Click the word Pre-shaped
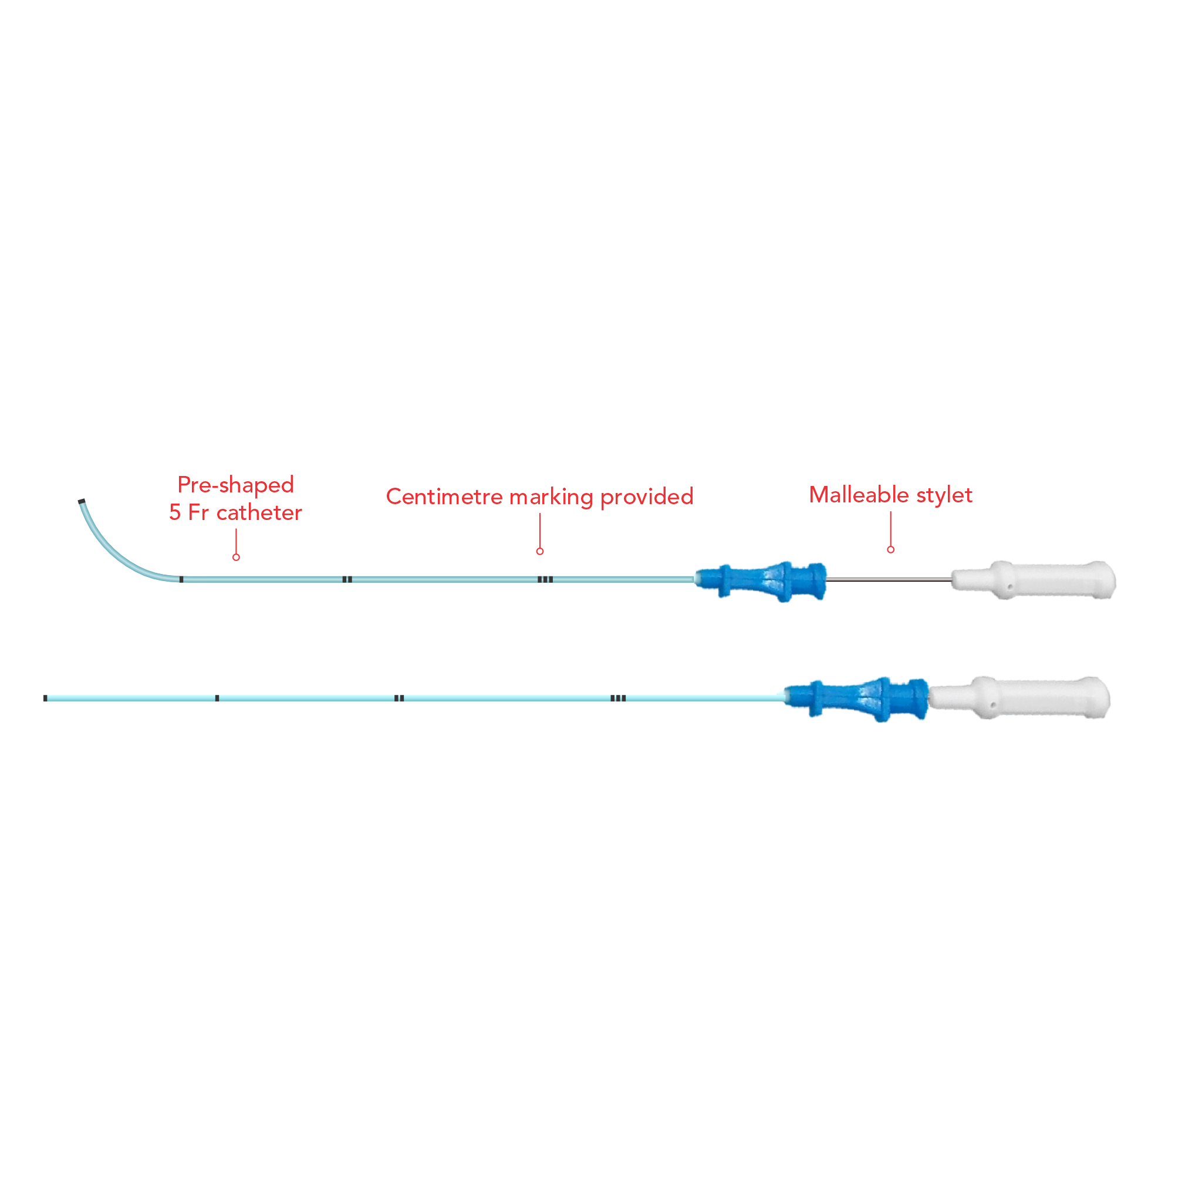pos(235,485)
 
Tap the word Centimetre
pos(444,497)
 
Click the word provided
pos(646,497)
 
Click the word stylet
pos(944,496)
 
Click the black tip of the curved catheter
pos(82,501)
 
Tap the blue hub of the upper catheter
pos(762,581)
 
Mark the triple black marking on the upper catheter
pos(545,579)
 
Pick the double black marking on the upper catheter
pos(347,579)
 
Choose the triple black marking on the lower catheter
pos(618,698)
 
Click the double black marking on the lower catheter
pos(399,698)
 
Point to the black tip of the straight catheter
pos(45,698)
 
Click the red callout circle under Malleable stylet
pos(890,549)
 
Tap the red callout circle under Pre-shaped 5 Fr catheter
pos(236,557)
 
